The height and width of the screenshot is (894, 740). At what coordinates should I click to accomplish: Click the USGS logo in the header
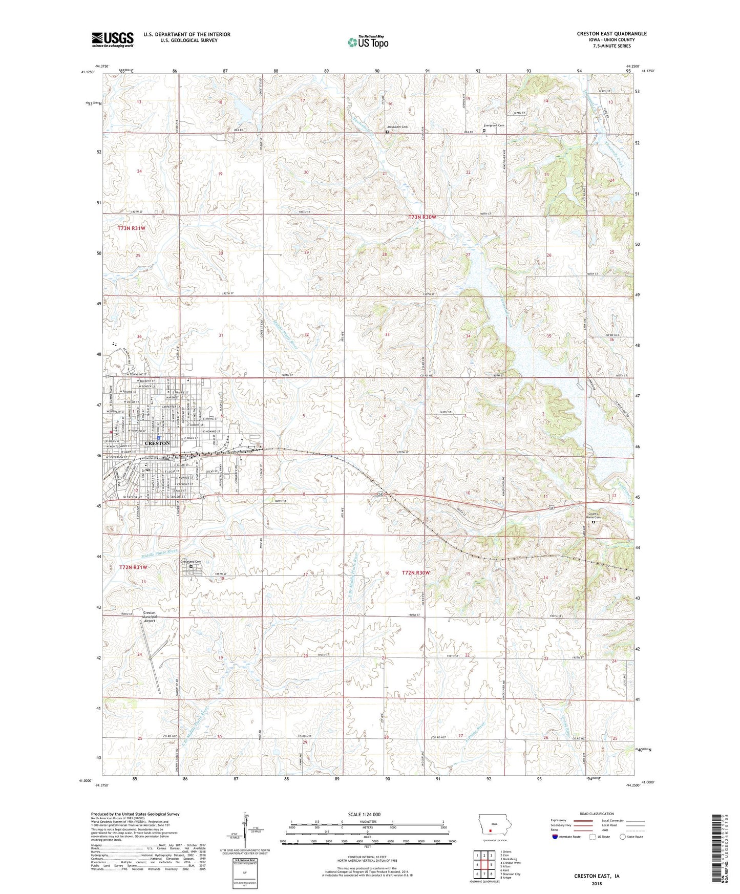click(113, 39)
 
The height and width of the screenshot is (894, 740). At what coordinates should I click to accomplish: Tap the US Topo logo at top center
click(368, 42)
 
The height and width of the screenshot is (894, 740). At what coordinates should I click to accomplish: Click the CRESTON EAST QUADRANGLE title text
click(611, 34)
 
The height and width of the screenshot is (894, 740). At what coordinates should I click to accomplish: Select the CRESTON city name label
click(157, 443)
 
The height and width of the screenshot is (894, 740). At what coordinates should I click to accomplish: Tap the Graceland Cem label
click(192, 561)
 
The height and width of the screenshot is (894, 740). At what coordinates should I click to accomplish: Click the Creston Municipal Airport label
click(150, 616)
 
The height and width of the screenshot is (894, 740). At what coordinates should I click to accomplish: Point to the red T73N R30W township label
click(422, 217)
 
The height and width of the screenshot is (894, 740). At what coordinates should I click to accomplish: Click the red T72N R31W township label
click(133, 567)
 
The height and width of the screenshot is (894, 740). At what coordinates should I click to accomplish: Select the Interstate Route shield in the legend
click(556, 837)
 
